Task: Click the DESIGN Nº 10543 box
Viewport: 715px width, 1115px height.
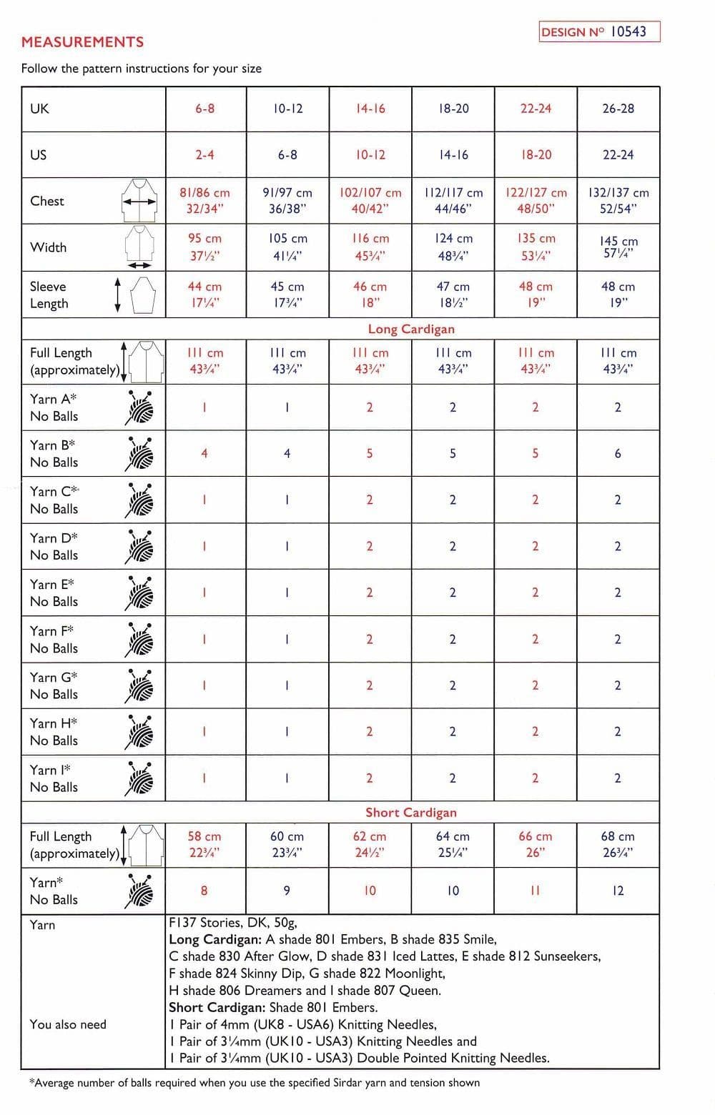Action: point(599,31)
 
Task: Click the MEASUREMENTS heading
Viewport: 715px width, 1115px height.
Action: point(82,42)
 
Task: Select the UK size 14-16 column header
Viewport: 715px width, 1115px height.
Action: point(370,109)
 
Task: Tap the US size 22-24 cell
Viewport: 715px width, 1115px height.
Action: point(618,155)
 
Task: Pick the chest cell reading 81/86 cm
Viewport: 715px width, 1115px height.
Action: point(205,201)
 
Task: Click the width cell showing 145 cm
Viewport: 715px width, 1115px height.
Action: point(618,247)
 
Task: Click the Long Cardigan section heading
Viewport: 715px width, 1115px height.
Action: point(411,329)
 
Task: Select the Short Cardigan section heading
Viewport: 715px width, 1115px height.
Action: point(411,813)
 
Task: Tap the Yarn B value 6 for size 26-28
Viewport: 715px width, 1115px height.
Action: point(618,453)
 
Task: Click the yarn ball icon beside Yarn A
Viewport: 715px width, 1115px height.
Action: point(140,407)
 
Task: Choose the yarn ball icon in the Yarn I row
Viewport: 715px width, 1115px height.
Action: point(140,778)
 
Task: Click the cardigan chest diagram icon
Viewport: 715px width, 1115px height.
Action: point(139,201)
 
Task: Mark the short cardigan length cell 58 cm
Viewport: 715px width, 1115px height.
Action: point(204,844)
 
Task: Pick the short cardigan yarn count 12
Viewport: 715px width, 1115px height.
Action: point(618,891)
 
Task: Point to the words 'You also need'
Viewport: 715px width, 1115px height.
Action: point(68,1024)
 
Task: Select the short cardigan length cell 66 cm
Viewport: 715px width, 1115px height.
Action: point(536,844)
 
